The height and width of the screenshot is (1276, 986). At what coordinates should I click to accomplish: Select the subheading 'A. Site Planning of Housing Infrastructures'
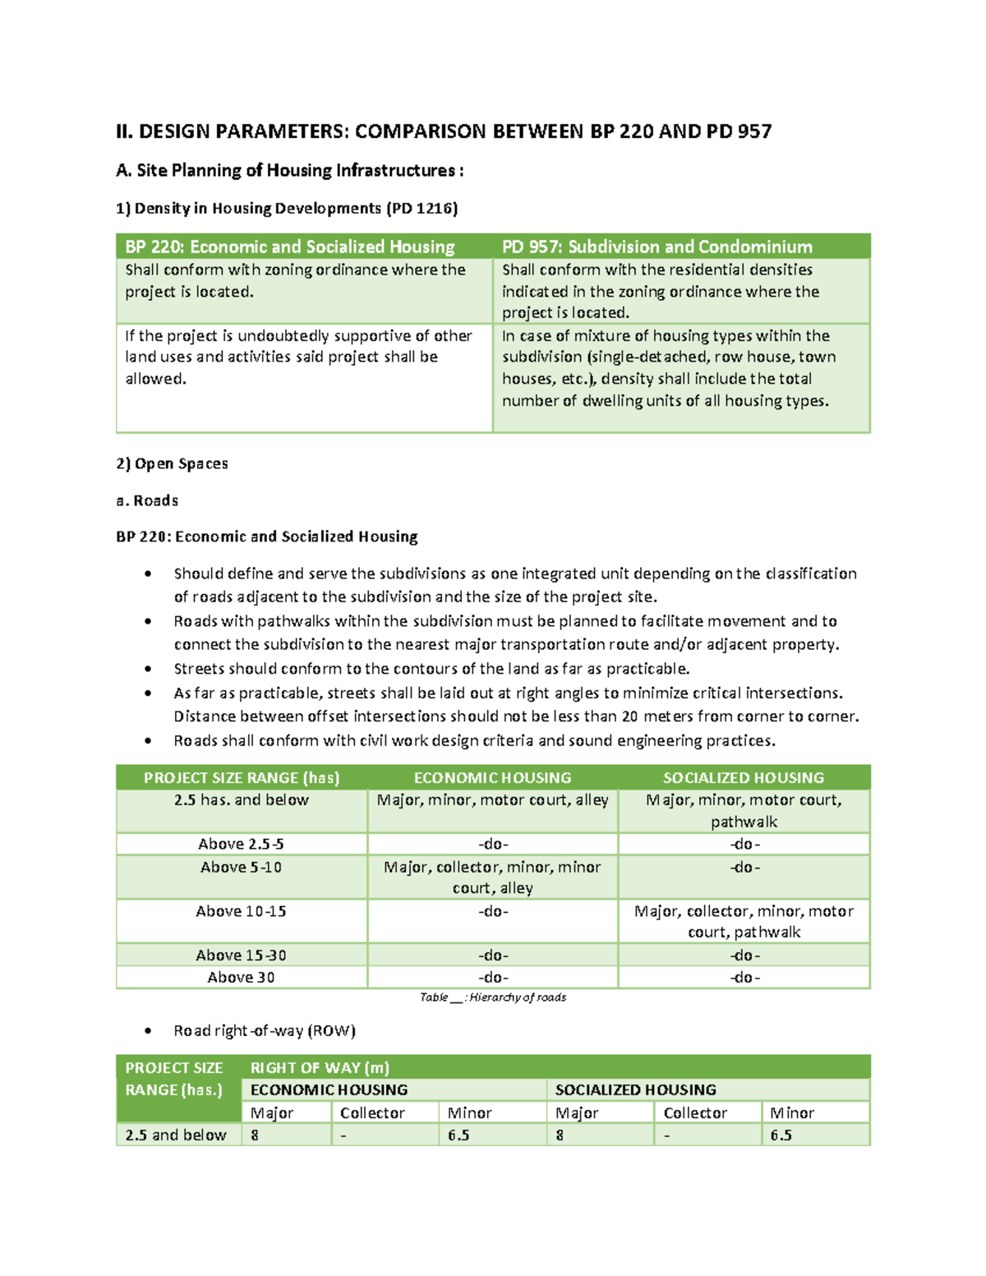pyautogui.click(x=289, y=170)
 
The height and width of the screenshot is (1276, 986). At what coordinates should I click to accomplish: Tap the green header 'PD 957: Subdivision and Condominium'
pyautogui.click(x=657, y=246)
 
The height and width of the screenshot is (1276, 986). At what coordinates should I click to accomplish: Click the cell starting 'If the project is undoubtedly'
pyautogui.click(x=298, y=357)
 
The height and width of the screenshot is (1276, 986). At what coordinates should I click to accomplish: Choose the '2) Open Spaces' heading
pyautogui.click(x=172, y=463)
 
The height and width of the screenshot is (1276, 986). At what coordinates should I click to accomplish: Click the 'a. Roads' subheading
pyautogui.click(x=147, y=500)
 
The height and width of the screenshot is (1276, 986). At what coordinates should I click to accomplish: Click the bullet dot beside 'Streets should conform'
pyautogui.click(x=148, y=670)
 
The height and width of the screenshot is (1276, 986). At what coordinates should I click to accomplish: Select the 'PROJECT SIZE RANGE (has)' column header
pyautogui.click(x=242, y=777)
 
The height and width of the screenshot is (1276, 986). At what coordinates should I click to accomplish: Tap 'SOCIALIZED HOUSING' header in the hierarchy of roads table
pyautogui.click(x=743, y=777)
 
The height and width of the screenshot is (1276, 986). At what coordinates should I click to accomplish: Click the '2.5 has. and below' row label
pyautogui.click(x=242, y=799)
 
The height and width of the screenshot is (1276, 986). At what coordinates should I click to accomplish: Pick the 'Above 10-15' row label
pyautogui.click(x=242, y=911)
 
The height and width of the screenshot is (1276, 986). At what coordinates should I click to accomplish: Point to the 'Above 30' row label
pyautogui.click(x=242, y=977)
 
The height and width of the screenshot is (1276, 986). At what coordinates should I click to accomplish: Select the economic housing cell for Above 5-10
pyautogui.click(x=492, y=877)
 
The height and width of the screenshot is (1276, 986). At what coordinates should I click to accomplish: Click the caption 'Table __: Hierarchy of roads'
pyautogui.click(x=492, y=997)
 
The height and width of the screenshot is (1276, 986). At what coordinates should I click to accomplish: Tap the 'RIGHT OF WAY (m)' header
pyautogui.click(x=320, y=1067)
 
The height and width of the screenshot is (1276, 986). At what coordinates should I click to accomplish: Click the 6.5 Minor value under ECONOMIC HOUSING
pyautogui.click(x=458, y=1135)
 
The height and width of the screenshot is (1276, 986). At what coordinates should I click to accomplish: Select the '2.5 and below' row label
pyautogui.click(x=176, y=1135)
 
